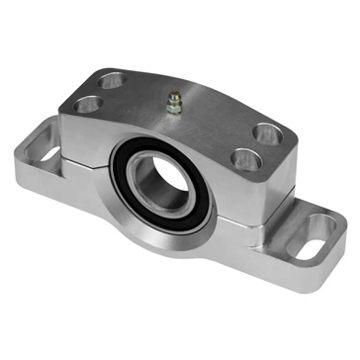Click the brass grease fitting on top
point(174,102)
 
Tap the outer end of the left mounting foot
point(30,138)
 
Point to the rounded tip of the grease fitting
point(174,96)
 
